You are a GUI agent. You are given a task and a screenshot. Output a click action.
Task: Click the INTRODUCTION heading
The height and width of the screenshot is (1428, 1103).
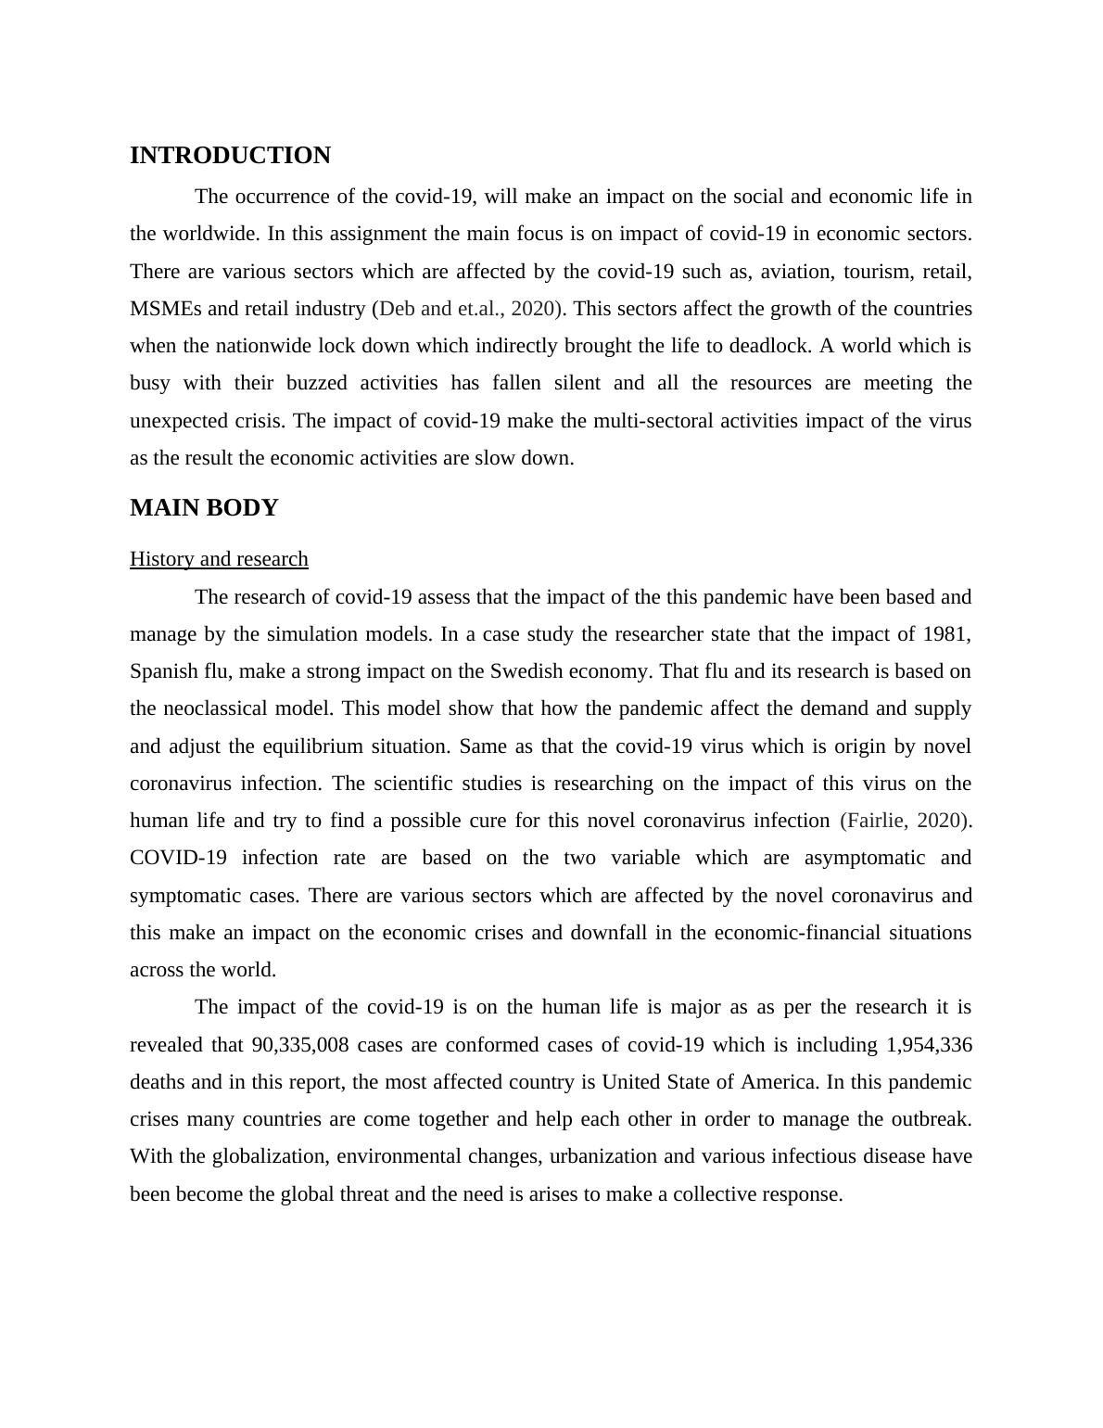point(230,156)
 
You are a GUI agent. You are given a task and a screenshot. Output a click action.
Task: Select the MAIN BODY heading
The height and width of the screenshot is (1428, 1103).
point(204,508)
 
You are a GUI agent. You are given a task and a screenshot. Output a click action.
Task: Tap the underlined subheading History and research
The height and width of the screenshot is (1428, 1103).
point(219,559)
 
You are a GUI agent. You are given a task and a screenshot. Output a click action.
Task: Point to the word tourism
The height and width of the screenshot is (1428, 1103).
point(875,272)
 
